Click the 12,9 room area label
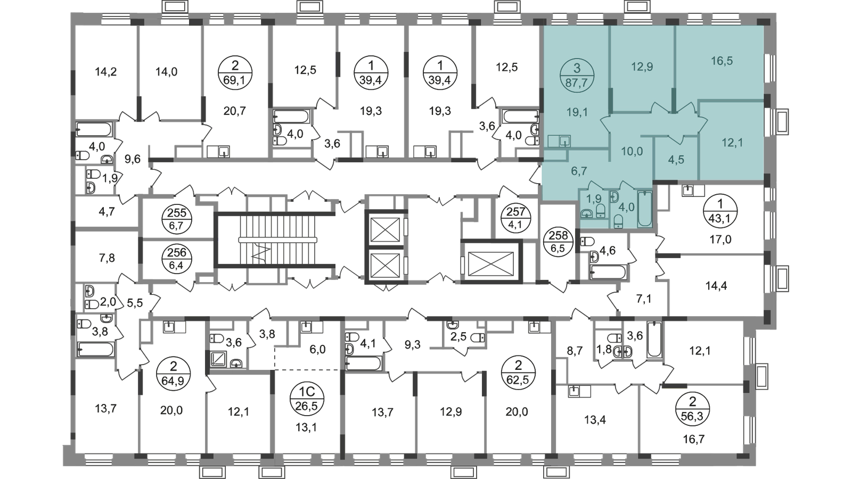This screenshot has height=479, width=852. point(642,67)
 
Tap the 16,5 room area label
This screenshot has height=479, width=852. point(722,61)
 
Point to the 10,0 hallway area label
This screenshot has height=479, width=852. point(632,151)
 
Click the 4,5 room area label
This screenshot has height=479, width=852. point(675,160)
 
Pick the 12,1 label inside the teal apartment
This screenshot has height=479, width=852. point(732,143)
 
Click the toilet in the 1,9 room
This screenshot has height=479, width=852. point(600,214)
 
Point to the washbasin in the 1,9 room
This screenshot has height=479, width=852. point(587,214)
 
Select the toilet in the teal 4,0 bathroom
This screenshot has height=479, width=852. point(617,221)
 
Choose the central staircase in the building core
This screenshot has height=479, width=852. point(274,238)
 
